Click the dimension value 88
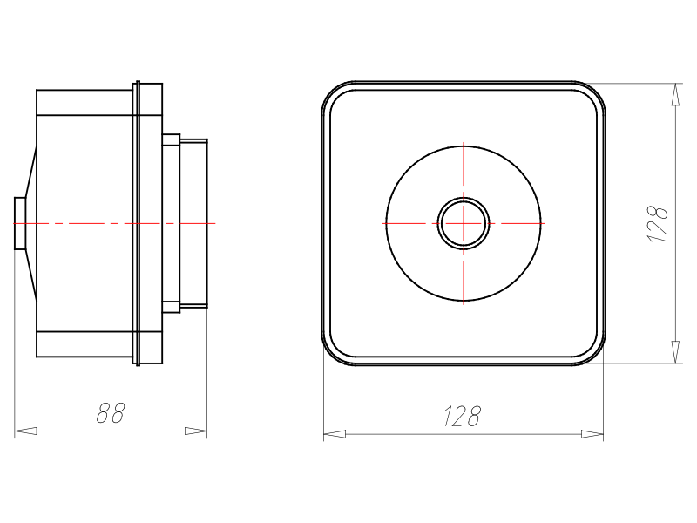click(x=111, y=412)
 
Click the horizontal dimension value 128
click(x=463, y=416)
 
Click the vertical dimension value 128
click(x=658, y=224)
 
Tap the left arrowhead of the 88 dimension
click(x=26, y=431)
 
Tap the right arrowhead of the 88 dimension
click(x=196, y=431)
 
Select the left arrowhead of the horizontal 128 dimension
click(x=335, y=434)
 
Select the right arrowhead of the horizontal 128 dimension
click(x=592, y=434)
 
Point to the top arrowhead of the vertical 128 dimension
click(x=676, y=94)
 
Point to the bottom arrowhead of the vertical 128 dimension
click(x=676, y=352)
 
